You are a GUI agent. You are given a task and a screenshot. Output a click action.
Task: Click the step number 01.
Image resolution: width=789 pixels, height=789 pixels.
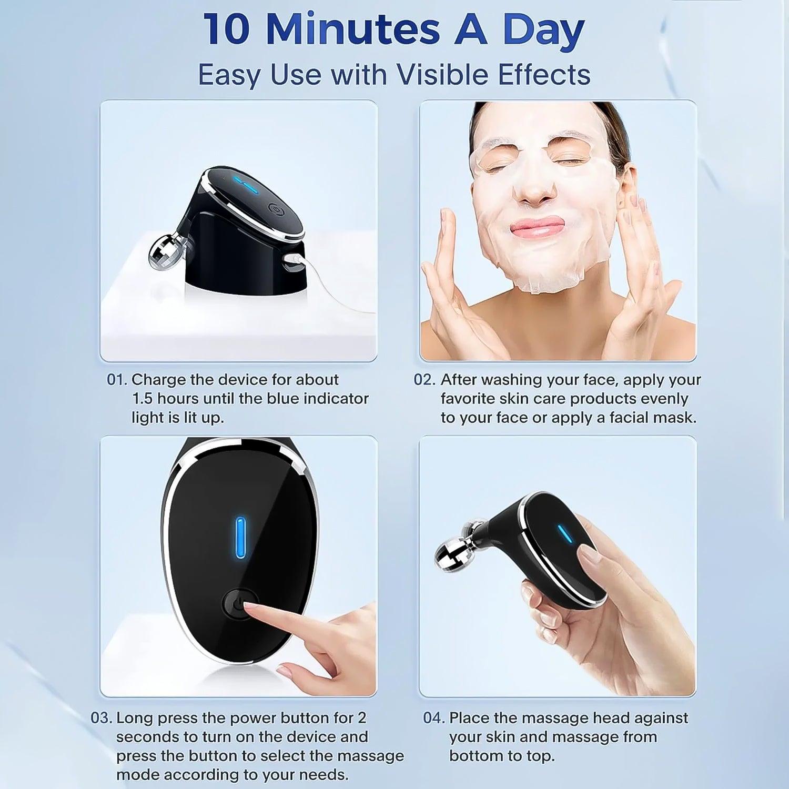click(x=116, y=380)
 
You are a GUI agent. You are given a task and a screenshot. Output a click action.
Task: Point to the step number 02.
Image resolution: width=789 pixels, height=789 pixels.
click(x=424, y=380)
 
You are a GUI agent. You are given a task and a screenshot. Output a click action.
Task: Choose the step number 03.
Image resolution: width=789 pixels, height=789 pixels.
click(x=100, y=718)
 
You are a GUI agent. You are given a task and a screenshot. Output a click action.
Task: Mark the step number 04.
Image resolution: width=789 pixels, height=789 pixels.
click(x=433, y=718)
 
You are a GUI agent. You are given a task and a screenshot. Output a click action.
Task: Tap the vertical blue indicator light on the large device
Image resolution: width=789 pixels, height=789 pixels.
click(x=240, y=537)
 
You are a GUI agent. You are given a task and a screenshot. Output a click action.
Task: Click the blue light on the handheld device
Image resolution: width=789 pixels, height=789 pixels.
click(x=565, y=534)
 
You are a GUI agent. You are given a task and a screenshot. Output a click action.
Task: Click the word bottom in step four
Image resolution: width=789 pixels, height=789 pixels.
click(x=471, y=756)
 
